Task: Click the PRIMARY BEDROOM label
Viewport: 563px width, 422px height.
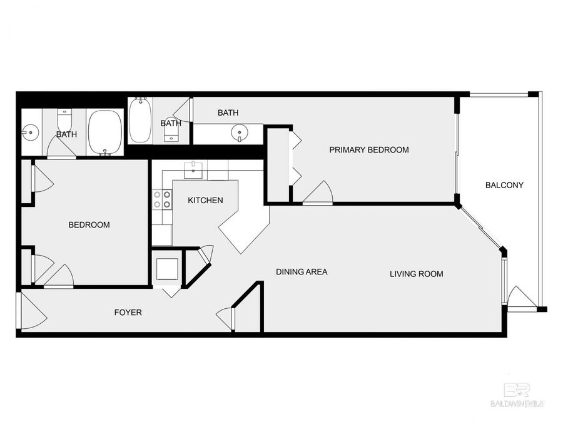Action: pyautogui.click(x=369, y=149)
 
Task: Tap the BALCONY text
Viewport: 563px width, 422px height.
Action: pyautogui.click(x=504, y=185)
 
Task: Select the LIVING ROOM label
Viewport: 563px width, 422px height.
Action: pyautogui.click(x=416, y=274)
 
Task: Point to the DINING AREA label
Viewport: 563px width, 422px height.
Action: pyautogui.click(x=302, y=272)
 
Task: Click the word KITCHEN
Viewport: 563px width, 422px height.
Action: pyautogui.click(x=206, y=201)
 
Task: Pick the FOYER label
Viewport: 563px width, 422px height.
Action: pyautogui.click(x=128, y=312)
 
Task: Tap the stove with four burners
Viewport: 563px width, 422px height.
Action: pyautogui.click(x=163, y=199)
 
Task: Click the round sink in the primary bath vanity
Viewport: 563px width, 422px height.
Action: pyautogui.click(x=239, y=133)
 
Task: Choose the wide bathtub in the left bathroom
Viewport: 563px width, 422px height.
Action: pyautogui.click(x=104, y=132)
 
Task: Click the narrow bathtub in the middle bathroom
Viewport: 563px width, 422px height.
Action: pyautogui.click(x=139, y=121)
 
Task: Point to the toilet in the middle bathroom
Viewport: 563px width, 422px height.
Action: pyautogui.click(x=170, y=134)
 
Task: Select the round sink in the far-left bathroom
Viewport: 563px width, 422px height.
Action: pyautogui.click(x=29, y=132)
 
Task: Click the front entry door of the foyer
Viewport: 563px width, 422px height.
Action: pyautogui.click(x=33, y=311)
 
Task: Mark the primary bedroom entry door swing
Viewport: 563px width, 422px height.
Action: pyautogui.click(x=319, y=193)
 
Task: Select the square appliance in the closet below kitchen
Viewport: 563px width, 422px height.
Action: pyautogui.click(x=167, y=268)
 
